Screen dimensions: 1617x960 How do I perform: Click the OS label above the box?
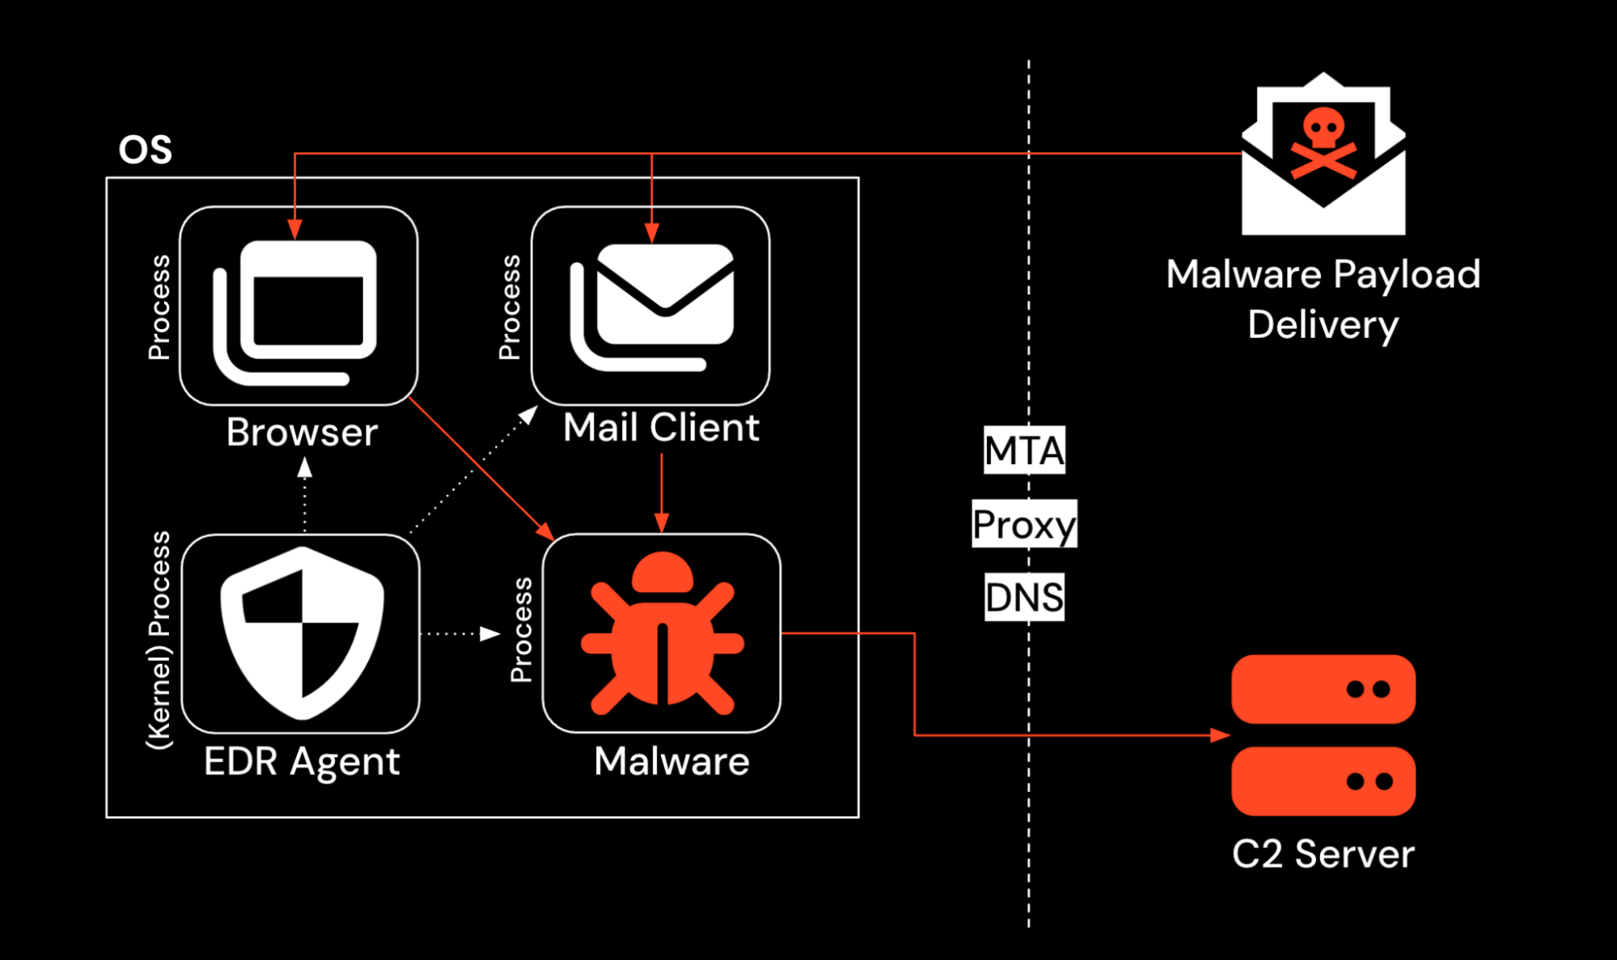[146, 150]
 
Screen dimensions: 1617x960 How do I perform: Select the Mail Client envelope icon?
[652, 307]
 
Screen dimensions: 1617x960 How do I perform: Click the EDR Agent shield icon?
[302, 633]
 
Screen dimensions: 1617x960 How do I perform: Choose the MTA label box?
[1024, 450]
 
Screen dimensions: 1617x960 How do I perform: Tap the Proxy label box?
[1024, 524]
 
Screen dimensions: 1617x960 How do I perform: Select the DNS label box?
[1024, 598]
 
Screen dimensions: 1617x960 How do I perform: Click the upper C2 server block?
[1323, 689]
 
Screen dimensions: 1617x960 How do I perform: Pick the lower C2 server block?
[1323, 781]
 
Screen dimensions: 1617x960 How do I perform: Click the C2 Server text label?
[1323, 854]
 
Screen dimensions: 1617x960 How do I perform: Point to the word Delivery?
[1323, 325]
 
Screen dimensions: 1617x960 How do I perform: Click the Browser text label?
[302, 432]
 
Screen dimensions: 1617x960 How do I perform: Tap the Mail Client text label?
[661, 427]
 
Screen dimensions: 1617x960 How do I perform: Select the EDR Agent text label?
[302, 761]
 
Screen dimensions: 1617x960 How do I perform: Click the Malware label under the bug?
[671, 761]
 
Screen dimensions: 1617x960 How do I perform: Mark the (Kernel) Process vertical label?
[159, 640]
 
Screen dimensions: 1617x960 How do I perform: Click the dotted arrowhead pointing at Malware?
[490, 633]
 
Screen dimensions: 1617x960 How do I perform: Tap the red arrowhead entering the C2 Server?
[1220, 735]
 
